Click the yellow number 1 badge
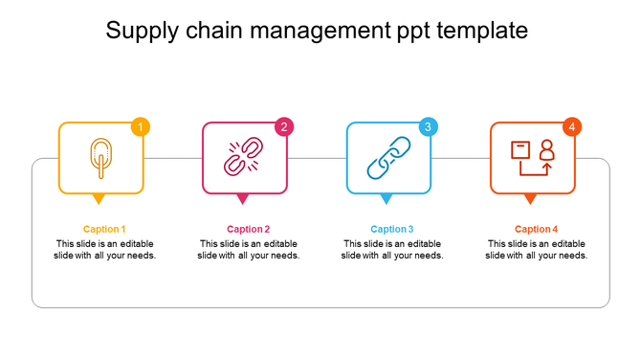142,127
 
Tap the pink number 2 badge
284,127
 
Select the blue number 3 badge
429,127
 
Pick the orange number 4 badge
572,127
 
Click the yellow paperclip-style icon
99,158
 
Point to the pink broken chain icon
243,158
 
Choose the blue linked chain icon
388,158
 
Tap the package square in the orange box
520,150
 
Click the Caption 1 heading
104,229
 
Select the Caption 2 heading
248,229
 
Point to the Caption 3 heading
392,229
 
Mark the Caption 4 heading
536,229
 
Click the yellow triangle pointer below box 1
99,199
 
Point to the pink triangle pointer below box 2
243,199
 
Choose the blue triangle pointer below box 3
387,199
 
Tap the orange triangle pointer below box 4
530,199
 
